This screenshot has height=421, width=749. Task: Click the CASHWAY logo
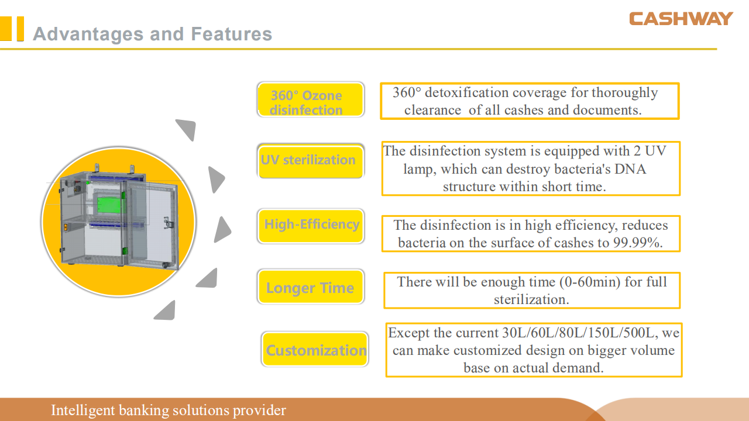[x=681, y=19]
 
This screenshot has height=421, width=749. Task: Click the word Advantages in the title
[x=88, y=34]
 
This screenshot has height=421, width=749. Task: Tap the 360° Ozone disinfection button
[x=311, y=99]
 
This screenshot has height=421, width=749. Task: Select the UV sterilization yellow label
[x=311, y=161]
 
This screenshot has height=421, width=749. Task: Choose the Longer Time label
[x=311, y=287]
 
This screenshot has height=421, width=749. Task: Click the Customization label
[x=315, y=349]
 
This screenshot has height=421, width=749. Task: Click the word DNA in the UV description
[x=630, y=169]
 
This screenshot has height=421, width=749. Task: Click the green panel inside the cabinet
[x=109, y=205]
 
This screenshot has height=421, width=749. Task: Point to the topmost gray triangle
[x=187, y=129]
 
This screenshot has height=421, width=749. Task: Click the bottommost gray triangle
[x=166, y=310]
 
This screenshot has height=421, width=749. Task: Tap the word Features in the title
[x=231, y=34]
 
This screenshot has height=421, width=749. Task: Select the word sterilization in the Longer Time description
[x=531, y=300]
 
